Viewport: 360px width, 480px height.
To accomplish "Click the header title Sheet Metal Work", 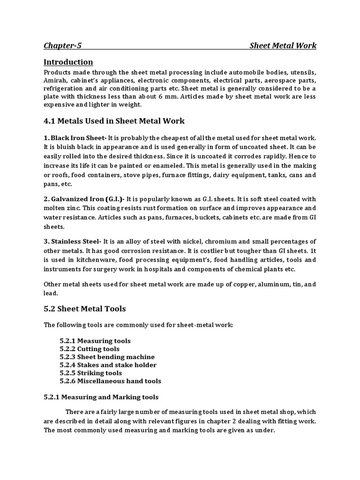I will tap(283, 45).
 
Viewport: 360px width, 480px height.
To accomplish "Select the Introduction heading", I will tap(68, 62).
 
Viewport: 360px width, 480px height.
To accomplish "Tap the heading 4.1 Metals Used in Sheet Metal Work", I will tap(114, 121).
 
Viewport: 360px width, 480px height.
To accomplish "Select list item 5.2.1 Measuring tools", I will tap(95, 341).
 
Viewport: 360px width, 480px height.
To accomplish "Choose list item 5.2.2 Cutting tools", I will tap(90, 349).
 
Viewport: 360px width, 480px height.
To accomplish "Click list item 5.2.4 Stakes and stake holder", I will tap(108, 365).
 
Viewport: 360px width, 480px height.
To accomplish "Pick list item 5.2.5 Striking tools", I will tap(91, 373).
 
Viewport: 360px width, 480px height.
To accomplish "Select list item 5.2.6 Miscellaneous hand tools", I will tap(111, 381).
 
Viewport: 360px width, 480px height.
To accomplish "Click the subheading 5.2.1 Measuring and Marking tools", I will tap(101, 397).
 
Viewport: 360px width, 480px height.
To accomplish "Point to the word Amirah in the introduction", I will tap(56, 80).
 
